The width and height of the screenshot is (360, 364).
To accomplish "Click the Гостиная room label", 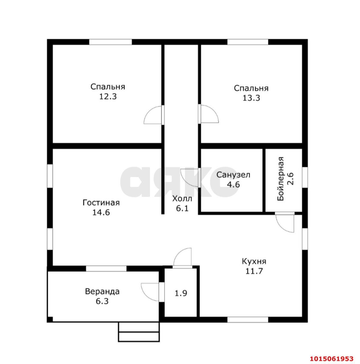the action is coord(101,203).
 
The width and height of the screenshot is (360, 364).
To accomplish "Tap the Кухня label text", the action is coord(254,262).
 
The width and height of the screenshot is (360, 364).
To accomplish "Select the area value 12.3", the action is coord(108,96).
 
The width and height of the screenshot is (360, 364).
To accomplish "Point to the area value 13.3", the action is coord(251,98).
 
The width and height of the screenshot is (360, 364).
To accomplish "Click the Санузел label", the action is coord(233,175).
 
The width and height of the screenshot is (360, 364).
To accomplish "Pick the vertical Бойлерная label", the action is coord(281,179).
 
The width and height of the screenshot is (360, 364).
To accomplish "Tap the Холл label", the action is coord(182,199).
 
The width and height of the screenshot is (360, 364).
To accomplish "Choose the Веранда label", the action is coord(102,291).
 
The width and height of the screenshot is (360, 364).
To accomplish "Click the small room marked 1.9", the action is coord(181,293).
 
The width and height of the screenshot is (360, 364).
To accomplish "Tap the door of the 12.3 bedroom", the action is coord(153,115).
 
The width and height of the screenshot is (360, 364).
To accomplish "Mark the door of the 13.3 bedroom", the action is coord(209,114).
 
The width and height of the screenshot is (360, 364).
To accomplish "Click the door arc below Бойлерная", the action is coord(285,223).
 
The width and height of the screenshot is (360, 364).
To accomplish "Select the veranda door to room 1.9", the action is coord(150,292).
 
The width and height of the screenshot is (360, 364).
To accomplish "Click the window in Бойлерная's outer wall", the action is coord(305,177).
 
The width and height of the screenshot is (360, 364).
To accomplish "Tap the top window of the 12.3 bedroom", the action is coord(110,42).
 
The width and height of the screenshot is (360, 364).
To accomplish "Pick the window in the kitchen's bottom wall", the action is coord(248,320).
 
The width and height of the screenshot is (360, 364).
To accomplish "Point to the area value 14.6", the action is coord(101,212).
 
